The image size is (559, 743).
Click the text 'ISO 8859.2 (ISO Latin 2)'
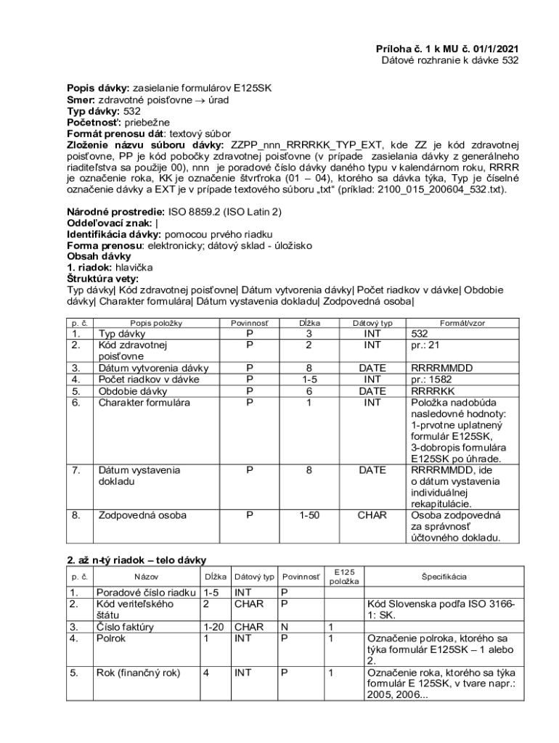[225, 212]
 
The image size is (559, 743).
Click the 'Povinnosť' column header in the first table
[249, 322]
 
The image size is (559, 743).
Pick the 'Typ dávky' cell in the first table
[122, 334]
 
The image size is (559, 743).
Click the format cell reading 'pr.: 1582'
[433, 379]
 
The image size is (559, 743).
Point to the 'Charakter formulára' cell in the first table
[144, 402]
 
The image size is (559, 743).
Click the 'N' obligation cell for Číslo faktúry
[285, 626]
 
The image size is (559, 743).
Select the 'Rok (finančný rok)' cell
[138, 673]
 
